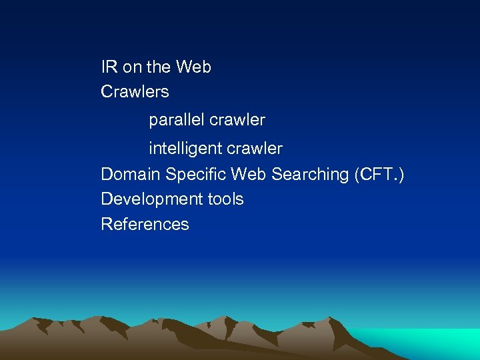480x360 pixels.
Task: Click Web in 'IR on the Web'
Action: [194, 67]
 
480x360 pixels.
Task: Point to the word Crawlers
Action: [135, 91]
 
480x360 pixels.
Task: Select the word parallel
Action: [176, 120]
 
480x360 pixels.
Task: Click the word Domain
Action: [131, 175]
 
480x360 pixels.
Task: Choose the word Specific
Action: [195, 175]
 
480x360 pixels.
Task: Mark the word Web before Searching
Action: [247, 175]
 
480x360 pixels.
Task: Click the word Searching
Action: [309, 175]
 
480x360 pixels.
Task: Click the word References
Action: [145, 224]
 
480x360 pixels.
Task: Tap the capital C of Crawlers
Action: [106, 91]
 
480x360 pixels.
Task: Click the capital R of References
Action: [106, 224]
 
